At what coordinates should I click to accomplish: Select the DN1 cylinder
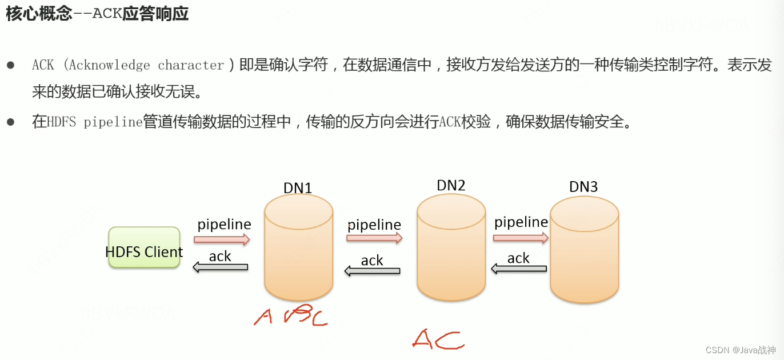[298, 249]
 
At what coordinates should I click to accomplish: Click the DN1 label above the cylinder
[298, 187]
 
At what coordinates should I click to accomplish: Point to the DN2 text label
[451, 185]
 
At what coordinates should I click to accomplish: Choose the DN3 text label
[583, 186]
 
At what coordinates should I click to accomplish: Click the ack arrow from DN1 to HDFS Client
[221, 267]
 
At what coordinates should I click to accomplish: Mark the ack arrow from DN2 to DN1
[372, 271]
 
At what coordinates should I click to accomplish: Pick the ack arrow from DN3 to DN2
[519, 269]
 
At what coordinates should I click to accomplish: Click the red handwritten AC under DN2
[437, 339]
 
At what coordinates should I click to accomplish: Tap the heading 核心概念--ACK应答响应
[97, 14]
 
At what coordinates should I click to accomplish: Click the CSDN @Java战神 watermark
[741, 350]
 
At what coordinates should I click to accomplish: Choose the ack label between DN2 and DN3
[518, 258]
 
